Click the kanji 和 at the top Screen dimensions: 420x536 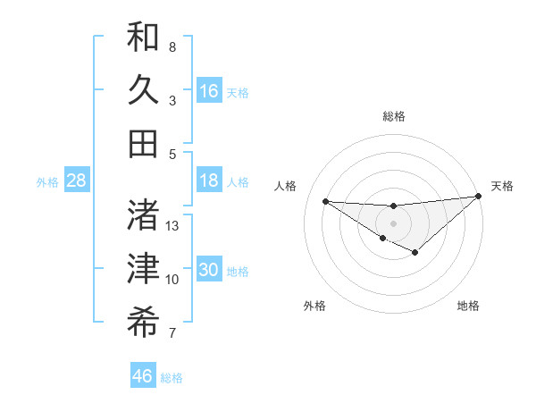[x=143, y=37]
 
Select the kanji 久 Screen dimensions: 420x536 [x=143, y=90]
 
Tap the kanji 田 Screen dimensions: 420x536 [x=143, y=144]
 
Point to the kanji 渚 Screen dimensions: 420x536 [x=143, y=214]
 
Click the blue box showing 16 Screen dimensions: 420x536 [x=209, y=91]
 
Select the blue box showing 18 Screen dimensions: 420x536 [x=209, y=181]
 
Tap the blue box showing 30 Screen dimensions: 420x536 [x=209, y=271]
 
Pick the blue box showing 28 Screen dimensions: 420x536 [x=77, y=181]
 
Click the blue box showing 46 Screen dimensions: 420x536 [x=143, y=375]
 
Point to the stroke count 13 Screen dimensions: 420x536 [x=173, y=226]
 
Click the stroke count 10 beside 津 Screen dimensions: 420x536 [x=172, y=280]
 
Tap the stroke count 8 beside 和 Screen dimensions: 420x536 [x=172, y=46]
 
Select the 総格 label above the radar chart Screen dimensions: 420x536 [x=393, y=116]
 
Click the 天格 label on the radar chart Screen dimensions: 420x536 [x=502, y=186]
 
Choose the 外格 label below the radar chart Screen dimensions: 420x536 [x=314, y=306]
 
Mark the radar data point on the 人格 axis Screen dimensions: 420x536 [x=326, y=201]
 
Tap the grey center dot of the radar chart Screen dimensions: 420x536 [x=393, y=223]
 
